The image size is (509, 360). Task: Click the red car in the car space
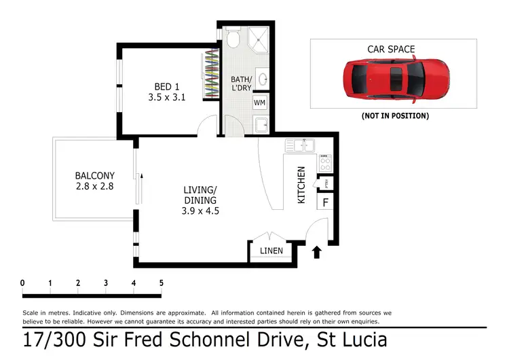click(396, 79)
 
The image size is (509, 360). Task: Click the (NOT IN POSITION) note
click(396, 116)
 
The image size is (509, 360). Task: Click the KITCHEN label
click(302, 185)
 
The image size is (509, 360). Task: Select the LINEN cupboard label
click(271, 251)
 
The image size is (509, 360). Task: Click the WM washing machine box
click(259, 103)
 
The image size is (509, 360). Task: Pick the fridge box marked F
click(325, 202)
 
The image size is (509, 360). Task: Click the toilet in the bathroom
click(233, 38)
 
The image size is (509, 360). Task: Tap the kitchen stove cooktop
click(324, 162)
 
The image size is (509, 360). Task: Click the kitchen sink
click(299, 145)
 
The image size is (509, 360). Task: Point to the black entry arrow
click(316, 253)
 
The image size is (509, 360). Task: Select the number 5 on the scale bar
click(162, 283)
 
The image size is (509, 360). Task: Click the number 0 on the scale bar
click(22, 283)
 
